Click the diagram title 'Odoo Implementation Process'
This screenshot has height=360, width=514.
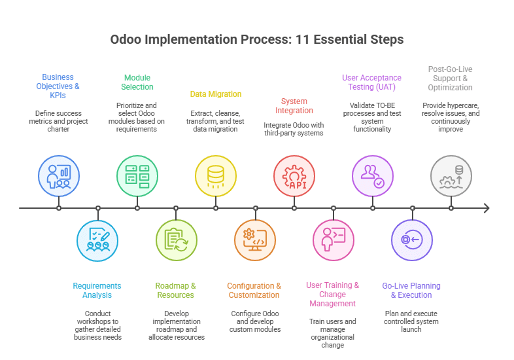[256, 39]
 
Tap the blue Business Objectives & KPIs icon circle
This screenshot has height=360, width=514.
[58, 175]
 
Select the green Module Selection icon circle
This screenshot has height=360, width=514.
[137, 175]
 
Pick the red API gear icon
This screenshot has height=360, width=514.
[294, 175]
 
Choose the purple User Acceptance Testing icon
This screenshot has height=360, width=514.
[372, 175]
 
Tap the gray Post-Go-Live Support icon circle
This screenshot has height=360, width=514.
[451, 175]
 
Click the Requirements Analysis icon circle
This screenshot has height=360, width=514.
[97, 241]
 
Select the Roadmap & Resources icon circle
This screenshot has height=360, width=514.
[176, 241]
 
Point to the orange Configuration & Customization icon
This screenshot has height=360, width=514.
[254, 241]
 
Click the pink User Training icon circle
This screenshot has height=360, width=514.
[333, 241]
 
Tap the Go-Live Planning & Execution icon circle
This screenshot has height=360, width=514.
[411, 241]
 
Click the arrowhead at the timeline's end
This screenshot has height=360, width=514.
[485, 208]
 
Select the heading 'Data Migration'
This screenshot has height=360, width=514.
[215, 94]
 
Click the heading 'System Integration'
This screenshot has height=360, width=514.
[294, 106]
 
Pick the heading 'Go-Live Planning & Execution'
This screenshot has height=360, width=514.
[411, 290]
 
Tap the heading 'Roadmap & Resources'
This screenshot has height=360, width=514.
[175, 290]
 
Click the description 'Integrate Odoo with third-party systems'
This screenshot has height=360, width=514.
[294, 129]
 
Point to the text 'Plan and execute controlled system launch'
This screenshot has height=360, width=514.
[411, 321]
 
